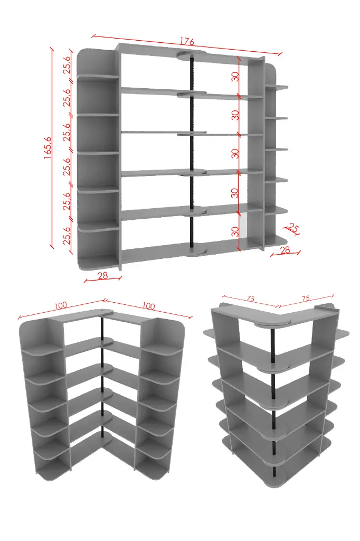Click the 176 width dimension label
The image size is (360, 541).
coord(187,42)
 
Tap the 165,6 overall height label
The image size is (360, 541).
coord(48,148)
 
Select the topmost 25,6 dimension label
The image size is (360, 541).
coord(67,64)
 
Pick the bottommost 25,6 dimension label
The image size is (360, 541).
coord(67,235)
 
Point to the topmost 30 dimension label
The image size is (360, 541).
coord(235,76)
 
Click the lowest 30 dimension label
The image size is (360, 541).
coord(235,231)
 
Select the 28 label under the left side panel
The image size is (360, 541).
coord(103,275)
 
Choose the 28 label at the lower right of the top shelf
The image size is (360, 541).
coord(285,250)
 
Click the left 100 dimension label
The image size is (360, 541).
coord(61,305)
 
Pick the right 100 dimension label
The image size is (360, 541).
coord(148,306)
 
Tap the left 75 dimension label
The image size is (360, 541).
coord(250,299)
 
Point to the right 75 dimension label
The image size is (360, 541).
coord(306,299)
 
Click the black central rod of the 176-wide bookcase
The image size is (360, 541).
coord(192,152)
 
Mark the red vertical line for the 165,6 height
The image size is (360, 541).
coord(52,148)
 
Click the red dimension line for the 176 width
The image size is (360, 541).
coord(187,44)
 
